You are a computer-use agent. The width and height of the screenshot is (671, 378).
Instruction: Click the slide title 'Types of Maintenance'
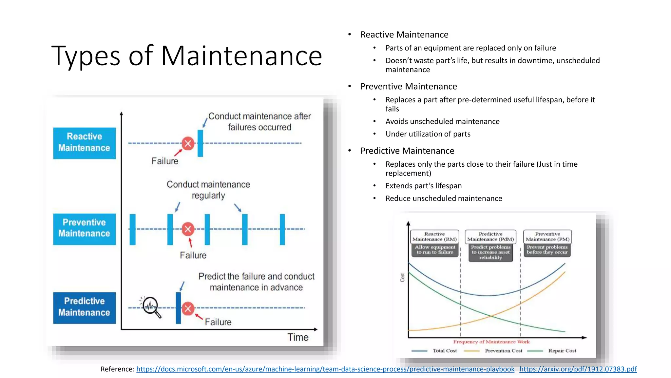click(x=187, y=56)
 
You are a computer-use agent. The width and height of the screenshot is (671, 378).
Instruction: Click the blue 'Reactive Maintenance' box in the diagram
click(x=84, y=143)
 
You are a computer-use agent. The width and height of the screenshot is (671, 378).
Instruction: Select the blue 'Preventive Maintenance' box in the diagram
click(x=84, y=229)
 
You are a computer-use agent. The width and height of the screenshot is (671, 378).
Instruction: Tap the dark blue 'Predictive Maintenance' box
click(x=84, y=308)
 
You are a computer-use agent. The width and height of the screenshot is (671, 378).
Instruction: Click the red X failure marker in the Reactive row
click(x=188, y=143)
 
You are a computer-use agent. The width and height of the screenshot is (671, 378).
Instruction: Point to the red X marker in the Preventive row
click(x=188, y=229)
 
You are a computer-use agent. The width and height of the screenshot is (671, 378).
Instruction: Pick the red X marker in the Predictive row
click(x=188, y=308)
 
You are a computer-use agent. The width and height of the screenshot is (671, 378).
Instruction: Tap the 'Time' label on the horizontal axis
click(x=298, y=337)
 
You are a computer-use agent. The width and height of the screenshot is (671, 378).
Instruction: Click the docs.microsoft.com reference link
click(x=325, y=369)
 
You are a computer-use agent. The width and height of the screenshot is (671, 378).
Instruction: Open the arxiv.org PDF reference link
click(x=578, y=369)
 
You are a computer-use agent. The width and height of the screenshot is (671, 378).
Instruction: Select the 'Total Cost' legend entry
click(x=444, y=351)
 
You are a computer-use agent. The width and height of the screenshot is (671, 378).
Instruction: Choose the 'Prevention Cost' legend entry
click(x=503, y=351)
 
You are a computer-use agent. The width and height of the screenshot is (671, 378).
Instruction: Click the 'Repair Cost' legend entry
click(x=562, y=351)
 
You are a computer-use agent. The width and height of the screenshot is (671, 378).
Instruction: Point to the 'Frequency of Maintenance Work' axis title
click(x=491, y=342)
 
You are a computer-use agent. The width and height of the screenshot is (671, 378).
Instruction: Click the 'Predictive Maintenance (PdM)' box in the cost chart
click(x=490, y=237)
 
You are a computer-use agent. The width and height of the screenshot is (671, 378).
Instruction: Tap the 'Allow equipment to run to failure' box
click(x=435, y=250)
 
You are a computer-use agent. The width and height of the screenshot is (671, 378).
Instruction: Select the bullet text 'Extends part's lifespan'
click(x=423, y=186)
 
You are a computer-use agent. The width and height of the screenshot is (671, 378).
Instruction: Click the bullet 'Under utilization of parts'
click(x=428, y=134)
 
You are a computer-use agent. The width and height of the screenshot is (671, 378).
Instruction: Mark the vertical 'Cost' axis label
click(x=402, y=278)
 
